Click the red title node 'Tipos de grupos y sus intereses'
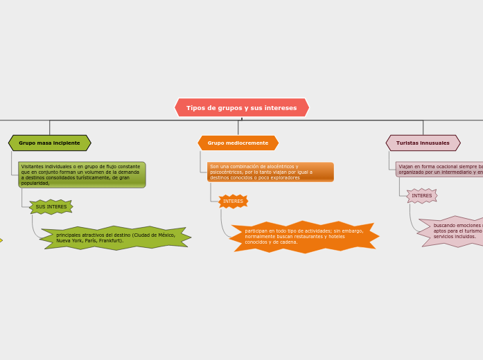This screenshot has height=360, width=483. point(241,108)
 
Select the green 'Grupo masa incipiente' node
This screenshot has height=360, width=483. point(49,143)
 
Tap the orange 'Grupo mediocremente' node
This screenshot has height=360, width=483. point(238,143)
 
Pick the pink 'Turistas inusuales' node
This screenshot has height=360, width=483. point(423,143)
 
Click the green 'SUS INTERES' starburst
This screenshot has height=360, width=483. point(51,207)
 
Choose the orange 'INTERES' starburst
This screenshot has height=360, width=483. point(233,201)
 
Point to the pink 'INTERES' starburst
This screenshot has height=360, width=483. point(421,196)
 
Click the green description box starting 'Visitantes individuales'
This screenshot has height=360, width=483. point(81,175)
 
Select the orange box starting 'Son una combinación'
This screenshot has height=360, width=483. point(270,172)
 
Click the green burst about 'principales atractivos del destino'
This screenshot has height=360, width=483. point(115,237)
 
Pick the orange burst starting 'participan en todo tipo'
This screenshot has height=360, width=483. point(304,237)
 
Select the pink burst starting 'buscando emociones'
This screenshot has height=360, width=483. point(455,231)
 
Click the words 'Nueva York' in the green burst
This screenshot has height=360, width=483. point(69,241)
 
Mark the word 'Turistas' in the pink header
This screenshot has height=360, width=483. point(408,143)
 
